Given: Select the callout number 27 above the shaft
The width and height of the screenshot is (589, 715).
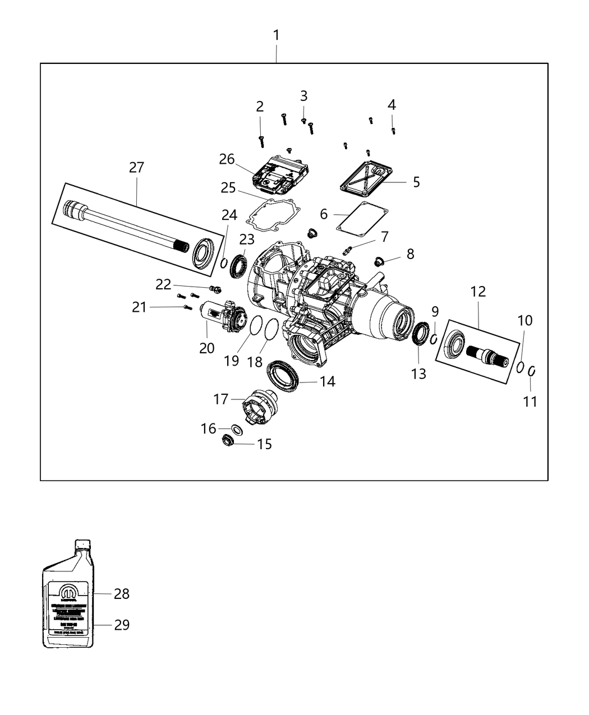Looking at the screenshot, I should (136, 167).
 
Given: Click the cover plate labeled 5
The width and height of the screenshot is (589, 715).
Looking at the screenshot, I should (367, 177).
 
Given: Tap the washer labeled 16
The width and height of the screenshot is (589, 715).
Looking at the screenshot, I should (237, 430).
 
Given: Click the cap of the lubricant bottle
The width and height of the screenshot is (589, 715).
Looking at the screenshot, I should (82, 544).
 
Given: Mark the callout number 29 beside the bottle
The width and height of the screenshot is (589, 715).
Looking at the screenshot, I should (122, 625).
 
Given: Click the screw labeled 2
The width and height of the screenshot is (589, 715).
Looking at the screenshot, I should (261, 140).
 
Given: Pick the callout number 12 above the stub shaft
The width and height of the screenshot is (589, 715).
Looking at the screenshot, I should (478, 292).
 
